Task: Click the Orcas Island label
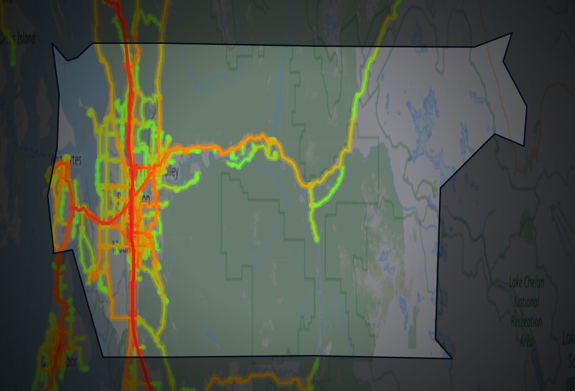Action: coord(18,38)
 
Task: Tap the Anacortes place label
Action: coord(66,160)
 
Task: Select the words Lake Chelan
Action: coord(526,283)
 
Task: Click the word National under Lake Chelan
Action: coord(526,302)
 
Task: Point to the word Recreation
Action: coord(526,322)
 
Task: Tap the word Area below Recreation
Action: coord(526,341)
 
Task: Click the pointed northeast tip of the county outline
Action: coord(511,34)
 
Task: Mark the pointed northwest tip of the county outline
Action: coord(52,44)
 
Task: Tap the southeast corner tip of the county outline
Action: coord(451,358)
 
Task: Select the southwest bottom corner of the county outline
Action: coord(103,356)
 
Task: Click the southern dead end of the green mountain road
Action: coord(316,240)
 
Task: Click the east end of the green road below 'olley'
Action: coord(198,174)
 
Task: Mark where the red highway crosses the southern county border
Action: coord(133,356)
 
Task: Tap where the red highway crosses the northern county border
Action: coord(126,44)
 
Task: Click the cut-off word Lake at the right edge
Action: coord(569,338)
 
